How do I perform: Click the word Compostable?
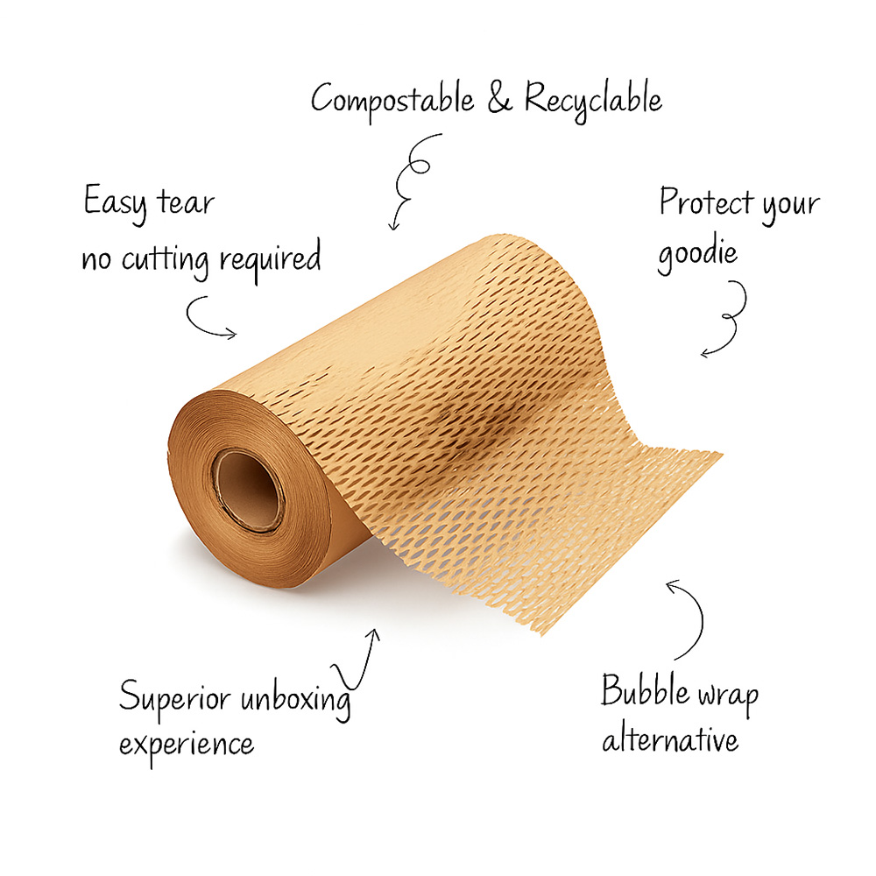point(393,100)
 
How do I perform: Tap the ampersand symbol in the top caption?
point(499,98)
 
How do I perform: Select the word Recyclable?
point(593,100)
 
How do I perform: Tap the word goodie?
point(698,252)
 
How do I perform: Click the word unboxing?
point(298,699)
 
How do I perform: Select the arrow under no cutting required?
point(210,317)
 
